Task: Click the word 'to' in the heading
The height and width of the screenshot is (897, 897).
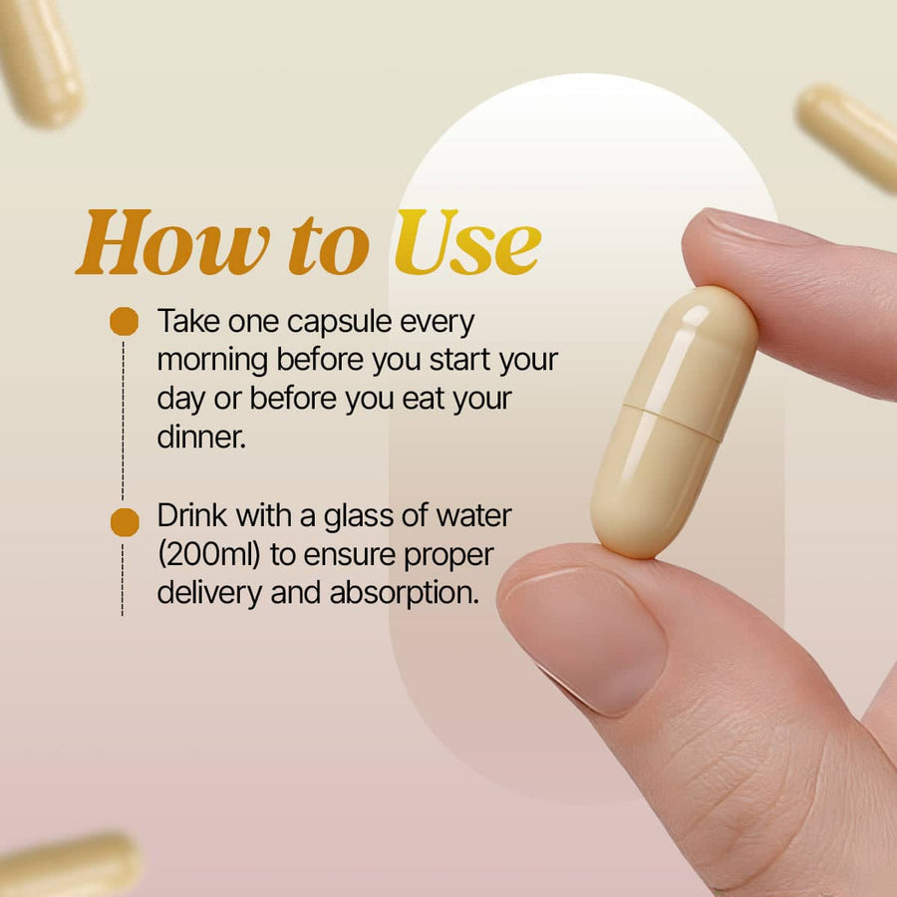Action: pyautogui.click(x=329, y=245)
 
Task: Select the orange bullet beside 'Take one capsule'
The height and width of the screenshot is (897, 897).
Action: pyautogui.click(x=125, y=321)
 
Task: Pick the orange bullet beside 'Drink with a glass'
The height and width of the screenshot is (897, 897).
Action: pyautogui.click(x=125, y=521)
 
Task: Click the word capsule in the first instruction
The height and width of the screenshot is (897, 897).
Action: pyautogui.click(x=339, y=322)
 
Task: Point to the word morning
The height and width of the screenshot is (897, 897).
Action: pyautogui.click(x=212, y=361)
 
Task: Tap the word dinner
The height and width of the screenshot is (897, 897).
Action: pyautogui.click(x=201, y=438)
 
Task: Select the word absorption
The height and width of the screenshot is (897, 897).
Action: pyautogui.click(x=404, y=593)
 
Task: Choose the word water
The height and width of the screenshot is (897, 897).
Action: pyautogui.click(x=473, y=516)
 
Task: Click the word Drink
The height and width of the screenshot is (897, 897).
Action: pyautogui.click(x=191, y=515)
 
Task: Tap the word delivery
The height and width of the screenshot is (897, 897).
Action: pyautogui.click(x=209, y=593)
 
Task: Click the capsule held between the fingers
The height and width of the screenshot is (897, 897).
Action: pyautogui.click(x=675, y=422)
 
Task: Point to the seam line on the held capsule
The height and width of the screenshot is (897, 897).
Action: pyautogui.click(x=672, y=423)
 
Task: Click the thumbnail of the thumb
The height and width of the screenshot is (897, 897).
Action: pyautogui.click(x=585, y=640)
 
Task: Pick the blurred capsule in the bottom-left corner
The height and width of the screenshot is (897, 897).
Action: pyautogui.click(x=68, y=865)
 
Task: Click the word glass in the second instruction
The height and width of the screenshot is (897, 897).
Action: pyautogui.click(x=359, y=517)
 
